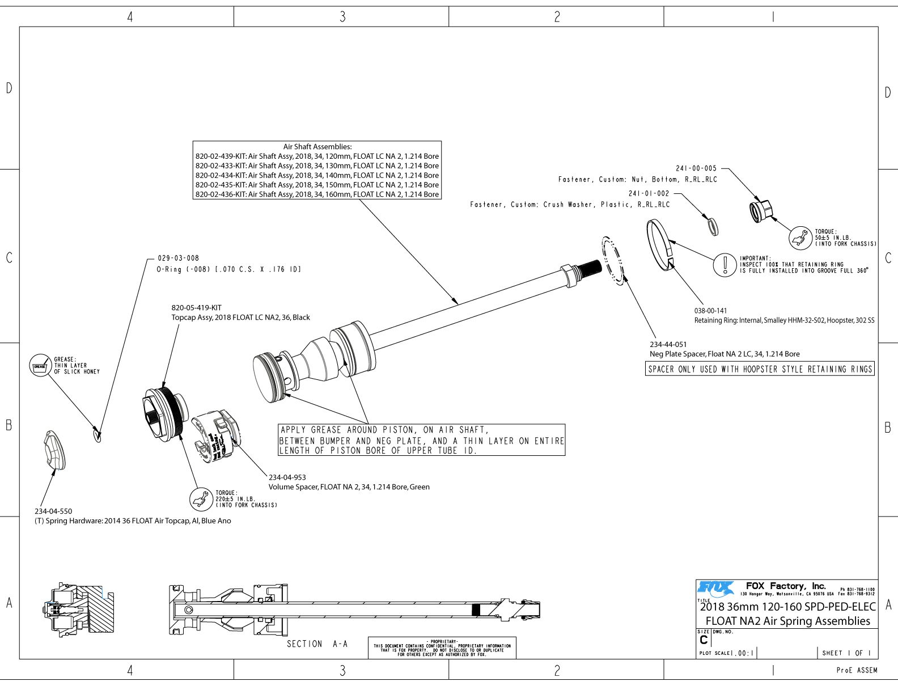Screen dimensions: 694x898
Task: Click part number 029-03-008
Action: point(178,258)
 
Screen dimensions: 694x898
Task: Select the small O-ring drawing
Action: point(98,435)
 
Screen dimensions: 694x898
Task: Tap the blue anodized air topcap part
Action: point(54,450)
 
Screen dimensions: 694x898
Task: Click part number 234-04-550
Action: point(53,511)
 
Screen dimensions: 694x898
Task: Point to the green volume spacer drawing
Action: point(217,436)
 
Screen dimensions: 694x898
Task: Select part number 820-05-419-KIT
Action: point(196,308)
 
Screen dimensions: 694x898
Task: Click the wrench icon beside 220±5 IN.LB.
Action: point(200,499)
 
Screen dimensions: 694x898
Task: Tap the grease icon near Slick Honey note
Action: point(40,366)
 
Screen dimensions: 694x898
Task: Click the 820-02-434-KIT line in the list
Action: point(317,175)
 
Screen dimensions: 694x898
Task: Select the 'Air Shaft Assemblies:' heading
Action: point(317,147)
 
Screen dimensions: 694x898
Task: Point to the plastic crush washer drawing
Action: point(711,225)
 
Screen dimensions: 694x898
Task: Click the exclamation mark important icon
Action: point(725,265)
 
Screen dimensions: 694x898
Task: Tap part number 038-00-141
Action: point(710,311)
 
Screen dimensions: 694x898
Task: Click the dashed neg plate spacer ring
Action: point(613,260)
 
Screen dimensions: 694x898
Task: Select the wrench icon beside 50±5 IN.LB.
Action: point(800,238)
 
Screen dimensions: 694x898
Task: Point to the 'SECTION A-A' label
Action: point(317,644)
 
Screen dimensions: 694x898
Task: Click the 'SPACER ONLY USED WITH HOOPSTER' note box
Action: point(760,369)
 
